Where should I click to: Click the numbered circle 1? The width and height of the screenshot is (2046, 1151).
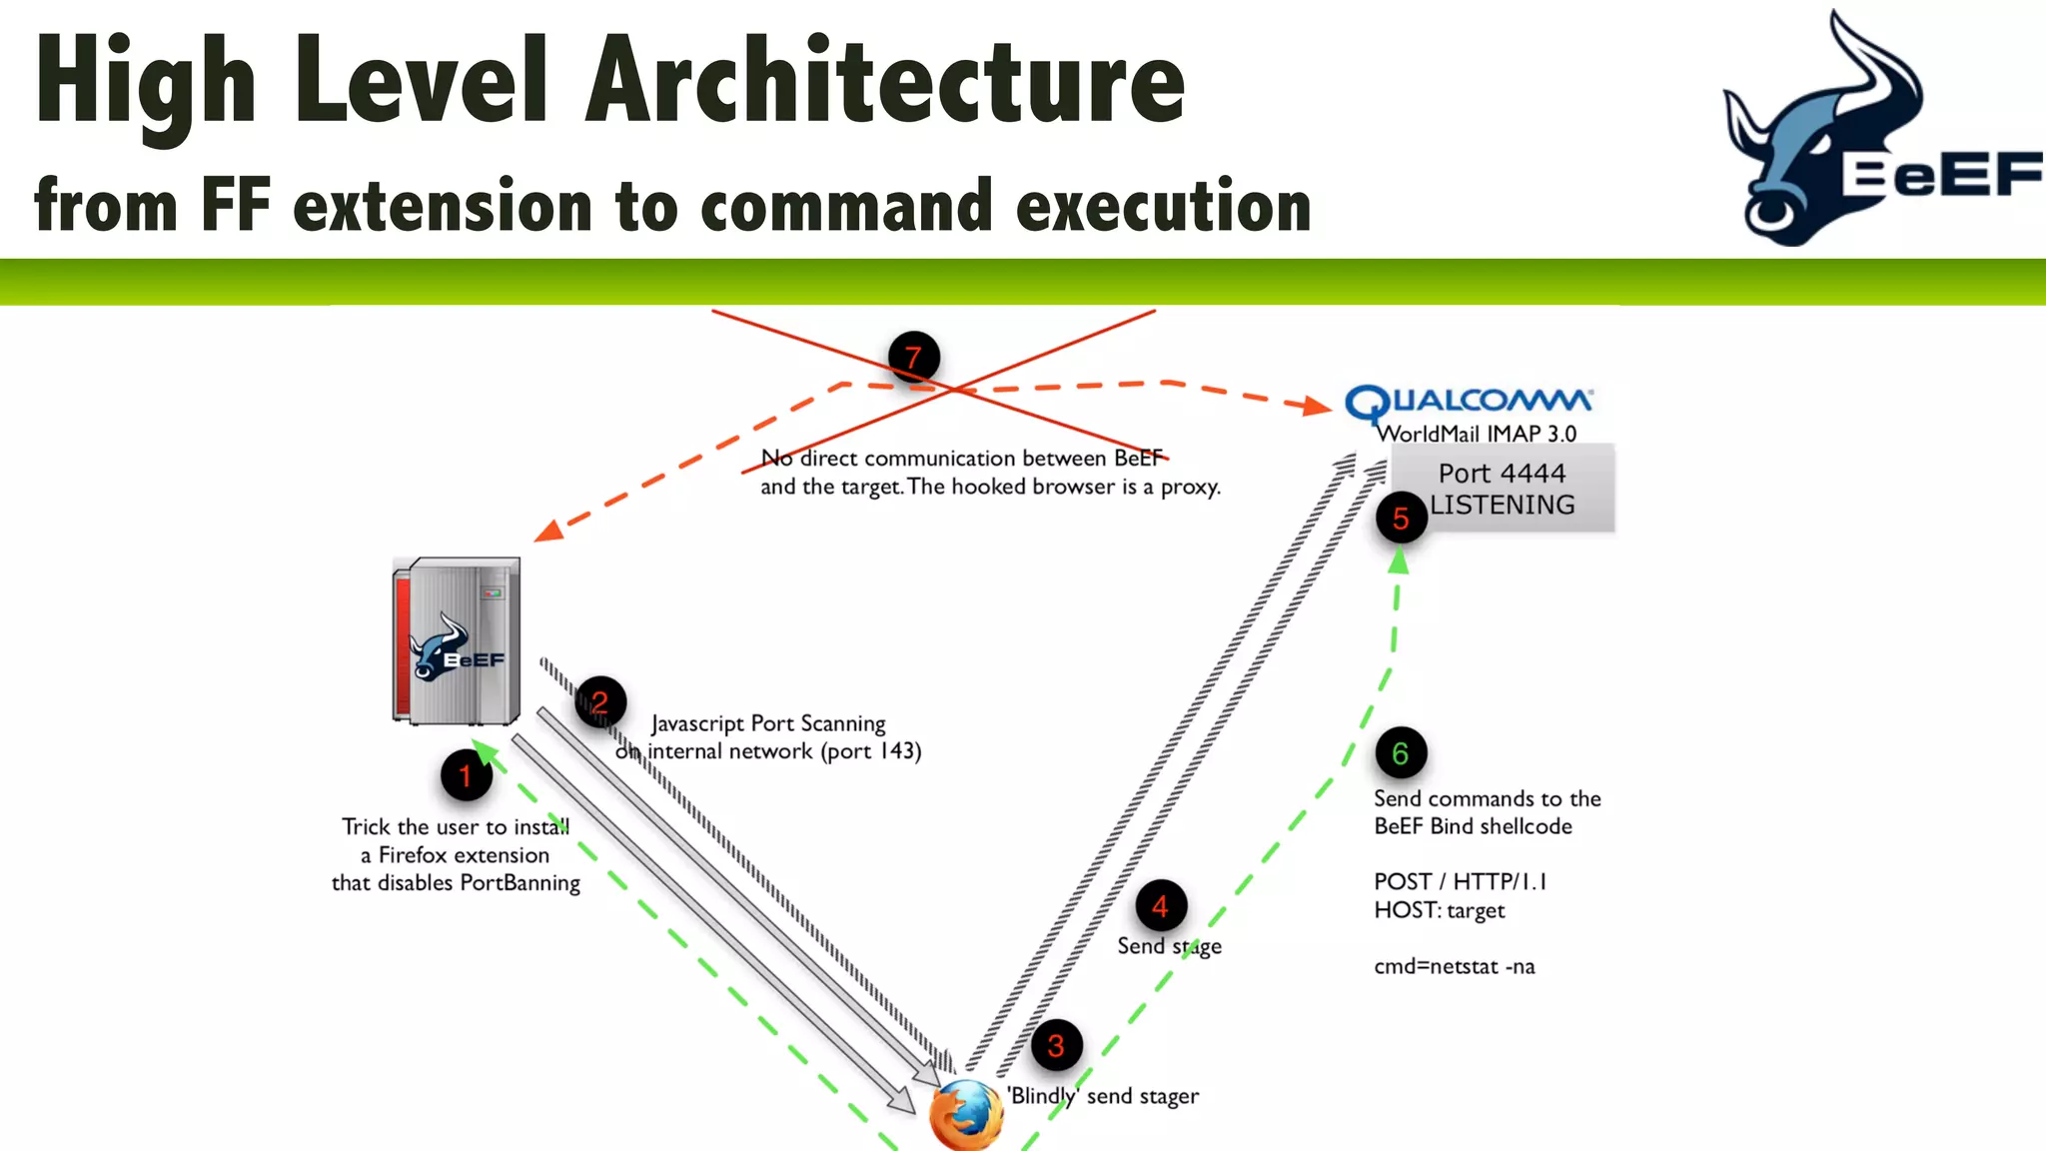[466, 776]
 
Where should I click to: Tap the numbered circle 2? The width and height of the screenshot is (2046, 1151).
[600, 702]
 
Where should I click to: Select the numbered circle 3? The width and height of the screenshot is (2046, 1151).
[1056, 1046]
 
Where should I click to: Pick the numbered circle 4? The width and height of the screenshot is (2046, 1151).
[1161, 906]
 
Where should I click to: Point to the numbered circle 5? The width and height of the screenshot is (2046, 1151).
[1401, 518]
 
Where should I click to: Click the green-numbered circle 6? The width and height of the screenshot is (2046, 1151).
[1401, 753]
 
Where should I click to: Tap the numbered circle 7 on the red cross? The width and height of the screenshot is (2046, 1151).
[913, 358]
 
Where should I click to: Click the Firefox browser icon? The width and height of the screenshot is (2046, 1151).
[966, 1116]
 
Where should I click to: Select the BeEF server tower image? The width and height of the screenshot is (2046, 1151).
[457, 640]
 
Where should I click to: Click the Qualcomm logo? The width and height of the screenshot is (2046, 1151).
[1469, 402]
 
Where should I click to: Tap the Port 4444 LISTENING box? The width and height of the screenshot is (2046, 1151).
[1503, 489]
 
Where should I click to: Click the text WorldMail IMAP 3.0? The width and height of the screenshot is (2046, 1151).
[1477, 434]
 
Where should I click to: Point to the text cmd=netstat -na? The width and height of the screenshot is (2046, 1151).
[1454, 966]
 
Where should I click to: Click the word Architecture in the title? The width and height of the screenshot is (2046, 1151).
[885, 82]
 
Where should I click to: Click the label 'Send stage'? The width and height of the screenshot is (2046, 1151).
[1169, 946]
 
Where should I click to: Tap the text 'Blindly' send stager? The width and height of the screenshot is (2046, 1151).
[1103, 1096]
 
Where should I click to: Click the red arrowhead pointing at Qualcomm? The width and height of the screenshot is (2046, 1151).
[1318, 405]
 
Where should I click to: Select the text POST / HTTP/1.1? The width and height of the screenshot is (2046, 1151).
[1460, 881]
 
